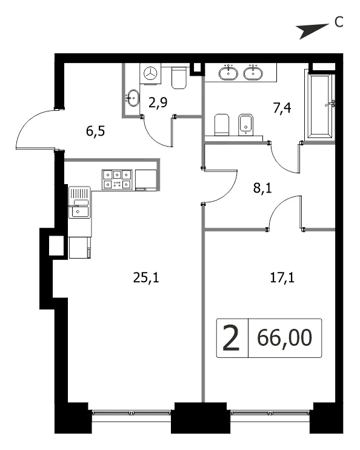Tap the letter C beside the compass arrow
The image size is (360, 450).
coord(339,22)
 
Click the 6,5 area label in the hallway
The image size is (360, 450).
coord(95,131)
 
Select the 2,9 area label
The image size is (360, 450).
coord(158,102)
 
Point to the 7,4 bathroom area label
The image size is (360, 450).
coord(282,108)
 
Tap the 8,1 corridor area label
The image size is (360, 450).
coord(262,188)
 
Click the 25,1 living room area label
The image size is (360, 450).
coord(146,277)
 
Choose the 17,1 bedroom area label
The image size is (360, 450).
coord(282,277)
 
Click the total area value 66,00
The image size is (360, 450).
coord(284,338)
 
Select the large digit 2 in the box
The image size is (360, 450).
coord(231,338)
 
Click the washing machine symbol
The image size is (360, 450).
coord(150,74)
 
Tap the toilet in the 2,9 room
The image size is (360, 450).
coord(179,78)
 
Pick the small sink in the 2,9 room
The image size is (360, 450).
coord(132,98)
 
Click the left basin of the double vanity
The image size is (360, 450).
coord(228,73)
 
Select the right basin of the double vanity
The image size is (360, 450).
coord(253,73)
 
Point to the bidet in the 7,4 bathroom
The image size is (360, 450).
coord(245,125)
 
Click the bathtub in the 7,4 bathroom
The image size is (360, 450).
coord(321,106)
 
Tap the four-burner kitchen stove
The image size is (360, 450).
coord(117,179)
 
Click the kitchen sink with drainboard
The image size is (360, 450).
coord(80,202)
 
